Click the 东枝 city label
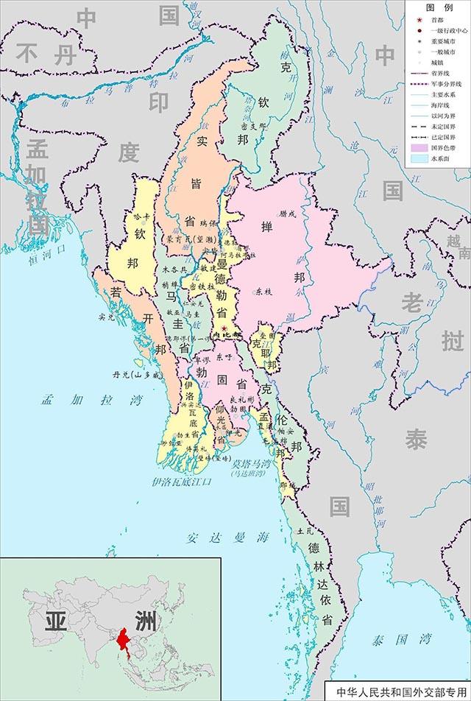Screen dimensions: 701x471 click(x=263, y=292)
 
